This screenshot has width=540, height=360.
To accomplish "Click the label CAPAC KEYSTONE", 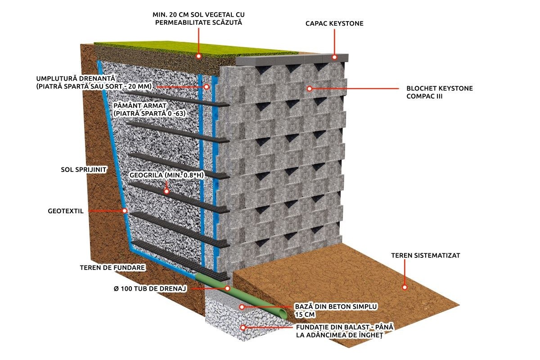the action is point(334,23).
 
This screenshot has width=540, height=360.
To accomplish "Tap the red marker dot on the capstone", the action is point(334,57).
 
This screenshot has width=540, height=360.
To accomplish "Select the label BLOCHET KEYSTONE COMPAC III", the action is point(440,92).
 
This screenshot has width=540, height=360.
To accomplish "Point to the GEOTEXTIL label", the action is point(66,211).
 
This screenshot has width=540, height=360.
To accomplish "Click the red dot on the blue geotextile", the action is point(125,211).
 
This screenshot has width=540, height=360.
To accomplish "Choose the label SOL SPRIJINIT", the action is point(84,170).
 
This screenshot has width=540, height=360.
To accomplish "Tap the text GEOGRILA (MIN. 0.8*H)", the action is point(166,175).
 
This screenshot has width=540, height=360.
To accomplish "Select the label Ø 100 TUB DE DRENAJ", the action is point(150,288).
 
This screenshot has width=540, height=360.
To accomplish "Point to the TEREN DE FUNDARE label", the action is point(112,267).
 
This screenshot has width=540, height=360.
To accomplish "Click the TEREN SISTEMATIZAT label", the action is point(426,255).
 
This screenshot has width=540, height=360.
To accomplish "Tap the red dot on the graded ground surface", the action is point(405,287).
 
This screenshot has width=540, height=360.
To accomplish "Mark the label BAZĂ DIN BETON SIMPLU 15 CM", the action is point(336,310).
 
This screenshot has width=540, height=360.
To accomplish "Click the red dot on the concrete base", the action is point(242,307).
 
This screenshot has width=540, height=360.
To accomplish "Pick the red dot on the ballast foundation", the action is point(243,328).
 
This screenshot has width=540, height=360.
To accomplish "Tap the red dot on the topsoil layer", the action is point(198,56).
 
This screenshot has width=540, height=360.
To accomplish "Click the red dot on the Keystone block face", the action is point(310,89).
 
